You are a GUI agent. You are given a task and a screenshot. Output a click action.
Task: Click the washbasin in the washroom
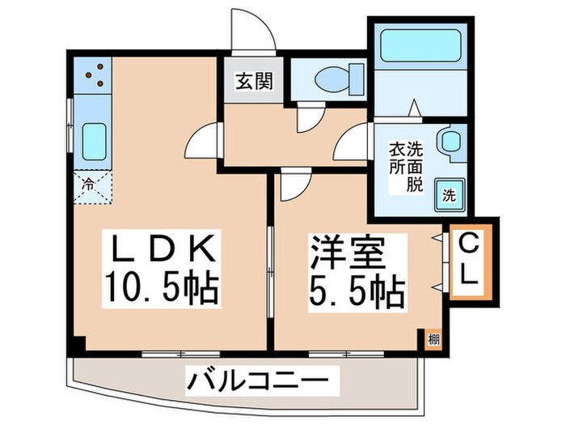tap(449, 141)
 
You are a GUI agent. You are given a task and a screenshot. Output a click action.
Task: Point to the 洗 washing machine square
tap(448, 194)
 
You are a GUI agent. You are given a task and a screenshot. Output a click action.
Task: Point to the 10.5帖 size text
tap(161, 287)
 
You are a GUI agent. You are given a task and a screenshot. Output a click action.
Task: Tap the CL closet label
tap(468, 259)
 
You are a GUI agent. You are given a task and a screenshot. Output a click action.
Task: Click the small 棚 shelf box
tap(433, 338)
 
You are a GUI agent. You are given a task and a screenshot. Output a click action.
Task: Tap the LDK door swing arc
tap(205, 142)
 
